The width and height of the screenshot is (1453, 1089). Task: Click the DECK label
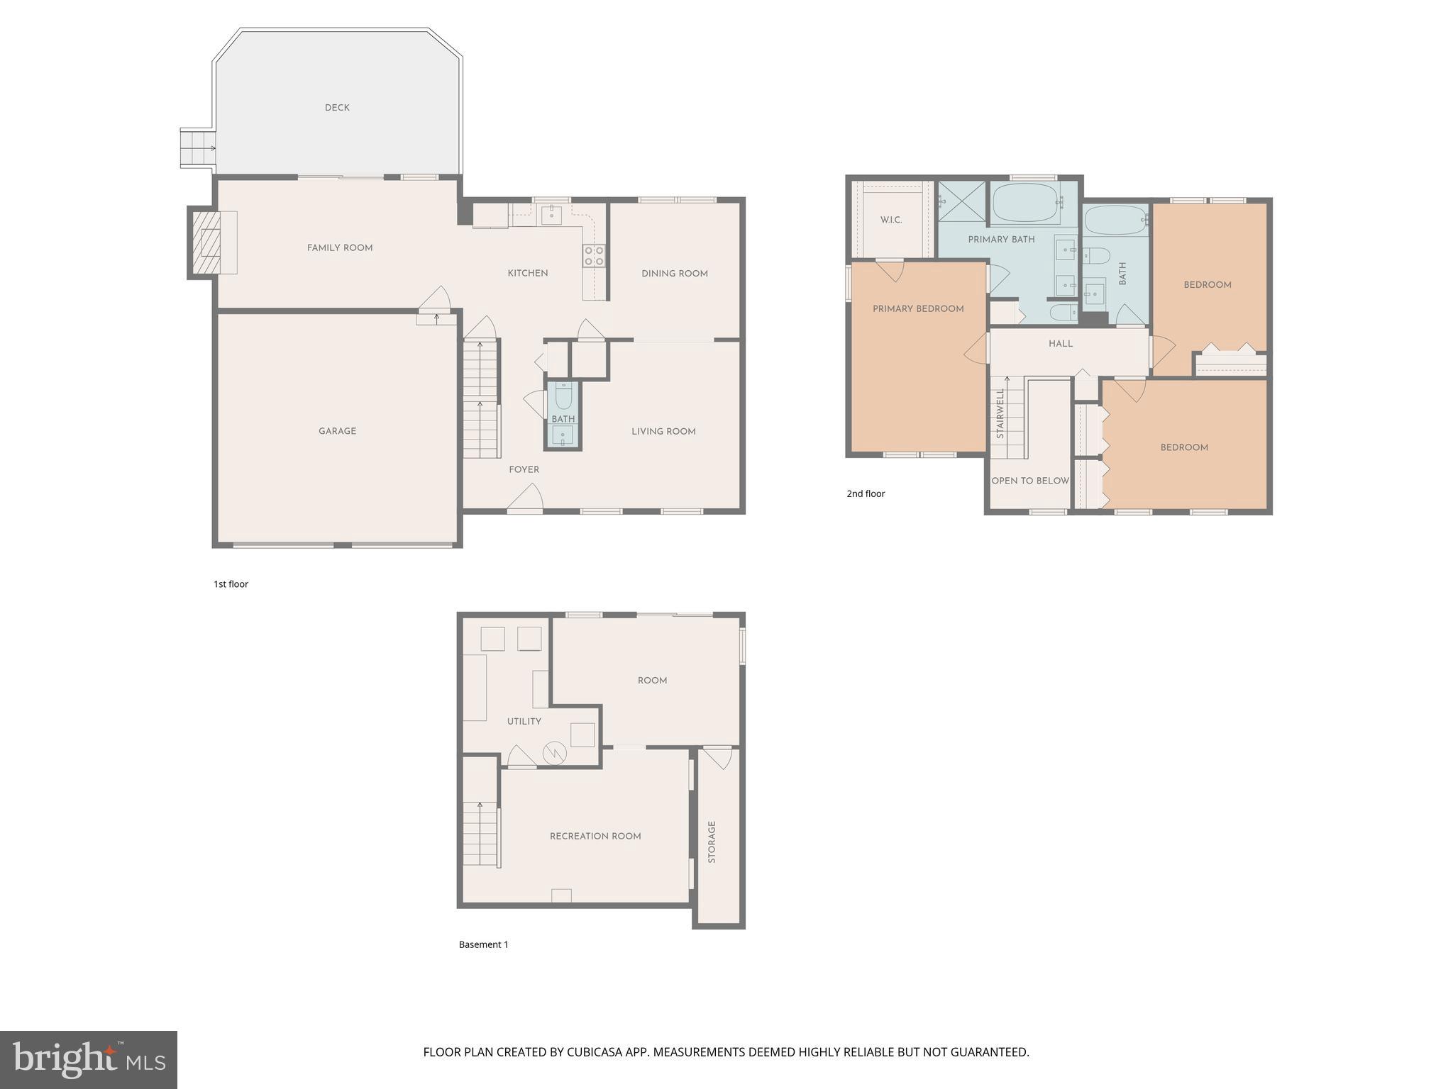pyautogui.click(x=337, y=108)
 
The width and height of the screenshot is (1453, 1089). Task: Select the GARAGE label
pyautogui.click(x=337, y=431)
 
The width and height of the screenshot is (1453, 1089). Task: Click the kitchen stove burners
pyautogui.click(x=594, y=256)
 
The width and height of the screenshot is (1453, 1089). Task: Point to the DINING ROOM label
pyautogui.click(x=674, y=274)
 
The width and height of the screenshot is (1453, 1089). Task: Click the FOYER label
pyautogui.click(x=524, y=469)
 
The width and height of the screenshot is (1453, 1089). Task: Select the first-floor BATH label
pyautogui.click(x=563, y=419)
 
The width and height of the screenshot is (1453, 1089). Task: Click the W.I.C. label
pyautogui.click(x=891, y=220)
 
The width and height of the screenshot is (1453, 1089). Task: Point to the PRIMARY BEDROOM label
pyautogui.click(x=918, y=309)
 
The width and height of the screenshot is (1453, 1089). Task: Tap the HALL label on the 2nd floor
pyautogui.click(x=1061, y=344)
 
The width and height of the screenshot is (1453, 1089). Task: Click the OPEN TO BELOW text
pyautogui.click(x=1029, y=481)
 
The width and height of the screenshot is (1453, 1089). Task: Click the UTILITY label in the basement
pyautogui.click(x=524, y=722)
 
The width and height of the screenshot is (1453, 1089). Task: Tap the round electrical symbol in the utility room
pyautogui.click(x=553, y=753)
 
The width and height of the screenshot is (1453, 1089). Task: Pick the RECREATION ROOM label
pyautogui.click(x=595, y=837)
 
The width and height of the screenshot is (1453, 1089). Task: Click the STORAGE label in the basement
pyautogui.click(x=712, y=842)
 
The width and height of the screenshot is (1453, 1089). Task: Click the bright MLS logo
pyautogui.click(x=89, y=1060)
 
